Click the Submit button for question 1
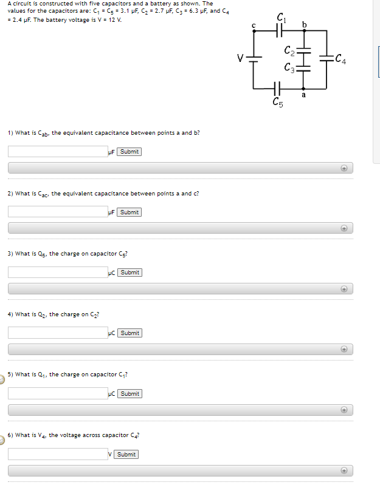(x=129, y=152)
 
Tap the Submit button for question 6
(x=126, y=455)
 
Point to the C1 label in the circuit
(x=280, y=16)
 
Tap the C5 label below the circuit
(x=278, y=103)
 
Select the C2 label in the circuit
(x=289, y=50)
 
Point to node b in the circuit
(x=305, y=24)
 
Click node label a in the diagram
(x=303, y=95)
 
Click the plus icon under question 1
(x=344, y=168)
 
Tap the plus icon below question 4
(x=344, y=350)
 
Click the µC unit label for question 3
(x=111, y=273)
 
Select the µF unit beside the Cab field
(x=111, y=152)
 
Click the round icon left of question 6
(x=2, y=441)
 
